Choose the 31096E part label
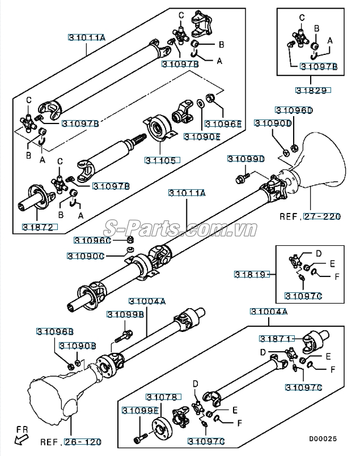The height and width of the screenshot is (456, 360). coord(223,123)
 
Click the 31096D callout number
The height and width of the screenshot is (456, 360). coord(294,110)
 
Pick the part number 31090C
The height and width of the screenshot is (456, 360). coord(85,255)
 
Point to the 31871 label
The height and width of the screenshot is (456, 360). coord(275,338)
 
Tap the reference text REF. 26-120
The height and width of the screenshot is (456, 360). coord(71,441)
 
